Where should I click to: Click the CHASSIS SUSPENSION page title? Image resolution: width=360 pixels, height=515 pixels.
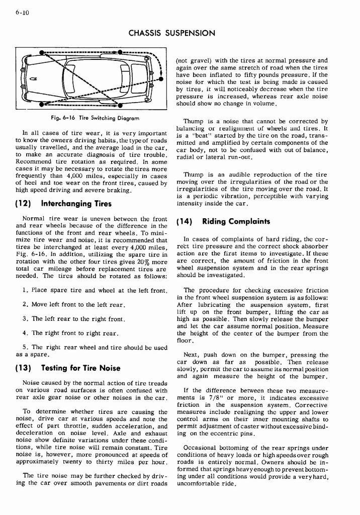tap(171, 33)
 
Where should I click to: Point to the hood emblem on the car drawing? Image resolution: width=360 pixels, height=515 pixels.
tap(33, 78)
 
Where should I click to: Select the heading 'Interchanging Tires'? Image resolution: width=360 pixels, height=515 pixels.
tap(76, 204)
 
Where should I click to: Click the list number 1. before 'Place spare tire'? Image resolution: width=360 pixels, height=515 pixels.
tap(25, 291)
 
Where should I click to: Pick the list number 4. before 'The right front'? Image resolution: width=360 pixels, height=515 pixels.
tap(25, 333)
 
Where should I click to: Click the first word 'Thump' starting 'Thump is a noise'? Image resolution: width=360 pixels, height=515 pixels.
tap(194, 121)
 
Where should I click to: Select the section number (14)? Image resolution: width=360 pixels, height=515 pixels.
tap(186, 221)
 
